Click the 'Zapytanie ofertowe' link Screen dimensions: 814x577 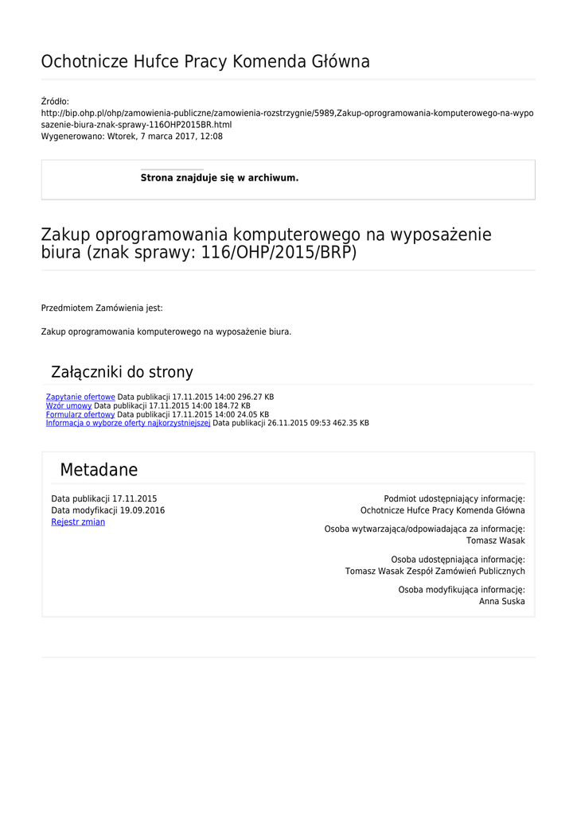coord(80,397)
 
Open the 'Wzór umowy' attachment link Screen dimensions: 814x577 coord(68,405)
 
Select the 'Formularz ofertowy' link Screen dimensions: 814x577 coord(80,414)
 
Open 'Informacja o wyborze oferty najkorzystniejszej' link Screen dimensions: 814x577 coord(128,423)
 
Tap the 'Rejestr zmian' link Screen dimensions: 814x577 coord(78,522)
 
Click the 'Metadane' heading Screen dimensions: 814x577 coord(99,470)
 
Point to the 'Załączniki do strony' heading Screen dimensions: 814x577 coord(122,372)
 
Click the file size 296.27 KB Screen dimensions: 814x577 coord(255,397)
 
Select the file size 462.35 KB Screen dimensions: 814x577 coord(351,423)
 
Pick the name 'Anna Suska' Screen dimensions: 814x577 coord(501,602)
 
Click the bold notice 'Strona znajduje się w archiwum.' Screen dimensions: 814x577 coord(220,178)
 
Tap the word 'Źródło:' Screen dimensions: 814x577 coord(55,101)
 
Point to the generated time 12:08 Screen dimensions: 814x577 coord(212,136)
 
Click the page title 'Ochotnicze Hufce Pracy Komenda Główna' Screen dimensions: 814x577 coord(205,62)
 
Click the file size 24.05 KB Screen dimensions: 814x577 coord(253,414)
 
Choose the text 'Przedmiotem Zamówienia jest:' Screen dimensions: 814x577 coord(102,308)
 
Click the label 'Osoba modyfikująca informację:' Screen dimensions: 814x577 coord(461,590)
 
